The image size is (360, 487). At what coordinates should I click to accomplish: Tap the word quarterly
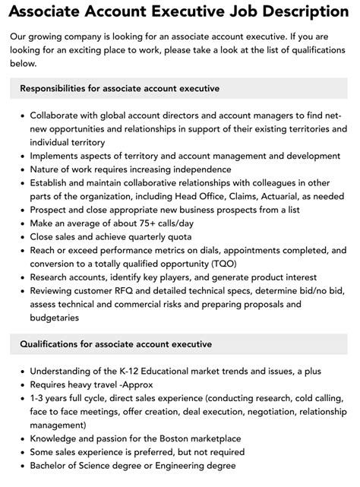point(145,237)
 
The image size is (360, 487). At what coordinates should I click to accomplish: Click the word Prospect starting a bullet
point(52,210)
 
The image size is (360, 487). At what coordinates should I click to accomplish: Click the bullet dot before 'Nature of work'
point(22,169)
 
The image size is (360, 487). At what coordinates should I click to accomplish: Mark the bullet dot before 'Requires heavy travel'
point(22,384)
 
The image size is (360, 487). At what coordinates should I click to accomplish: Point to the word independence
point(199,169)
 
